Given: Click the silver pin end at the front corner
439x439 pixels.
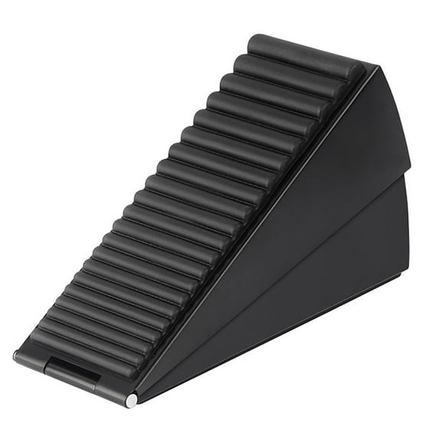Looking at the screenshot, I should (132, 399).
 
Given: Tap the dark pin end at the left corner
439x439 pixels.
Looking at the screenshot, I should (17, 355).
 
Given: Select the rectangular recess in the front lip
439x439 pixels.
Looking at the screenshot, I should (73, 374).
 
